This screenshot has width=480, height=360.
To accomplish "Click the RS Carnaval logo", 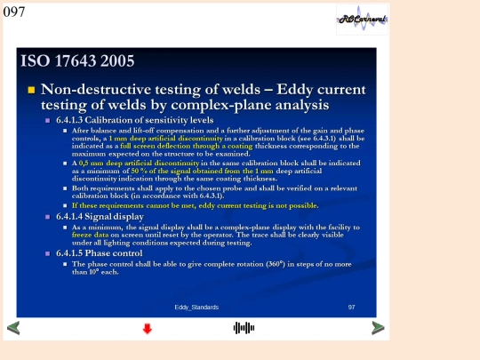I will point(362,20).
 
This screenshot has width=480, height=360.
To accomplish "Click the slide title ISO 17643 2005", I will point(77,61).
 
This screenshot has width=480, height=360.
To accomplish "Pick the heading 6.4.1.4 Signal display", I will point(100,216).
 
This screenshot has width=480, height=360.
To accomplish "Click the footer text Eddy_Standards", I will point(196,307).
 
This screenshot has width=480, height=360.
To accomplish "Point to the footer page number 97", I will point(351,307).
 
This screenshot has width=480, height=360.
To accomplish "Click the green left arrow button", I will point(12,328).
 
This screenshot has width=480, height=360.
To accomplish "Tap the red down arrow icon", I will point(148,329).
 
